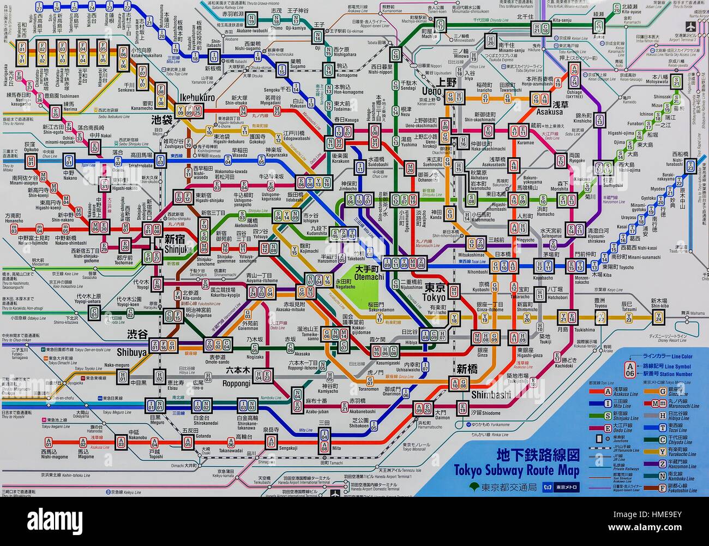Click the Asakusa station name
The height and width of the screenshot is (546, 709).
pos(549,111)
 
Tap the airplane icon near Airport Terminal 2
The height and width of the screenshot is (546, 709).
pos(692,27)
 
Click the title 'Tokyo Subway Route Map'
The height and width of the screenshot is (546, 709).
pos(516,470)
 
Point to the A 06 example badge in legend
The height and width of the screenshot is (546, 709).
pos(630,370)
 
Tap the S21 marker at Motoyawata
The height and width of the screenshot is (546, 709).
pos(676,81)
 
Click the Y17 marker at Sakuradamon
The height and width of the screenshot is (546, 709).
pos(380,318)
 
